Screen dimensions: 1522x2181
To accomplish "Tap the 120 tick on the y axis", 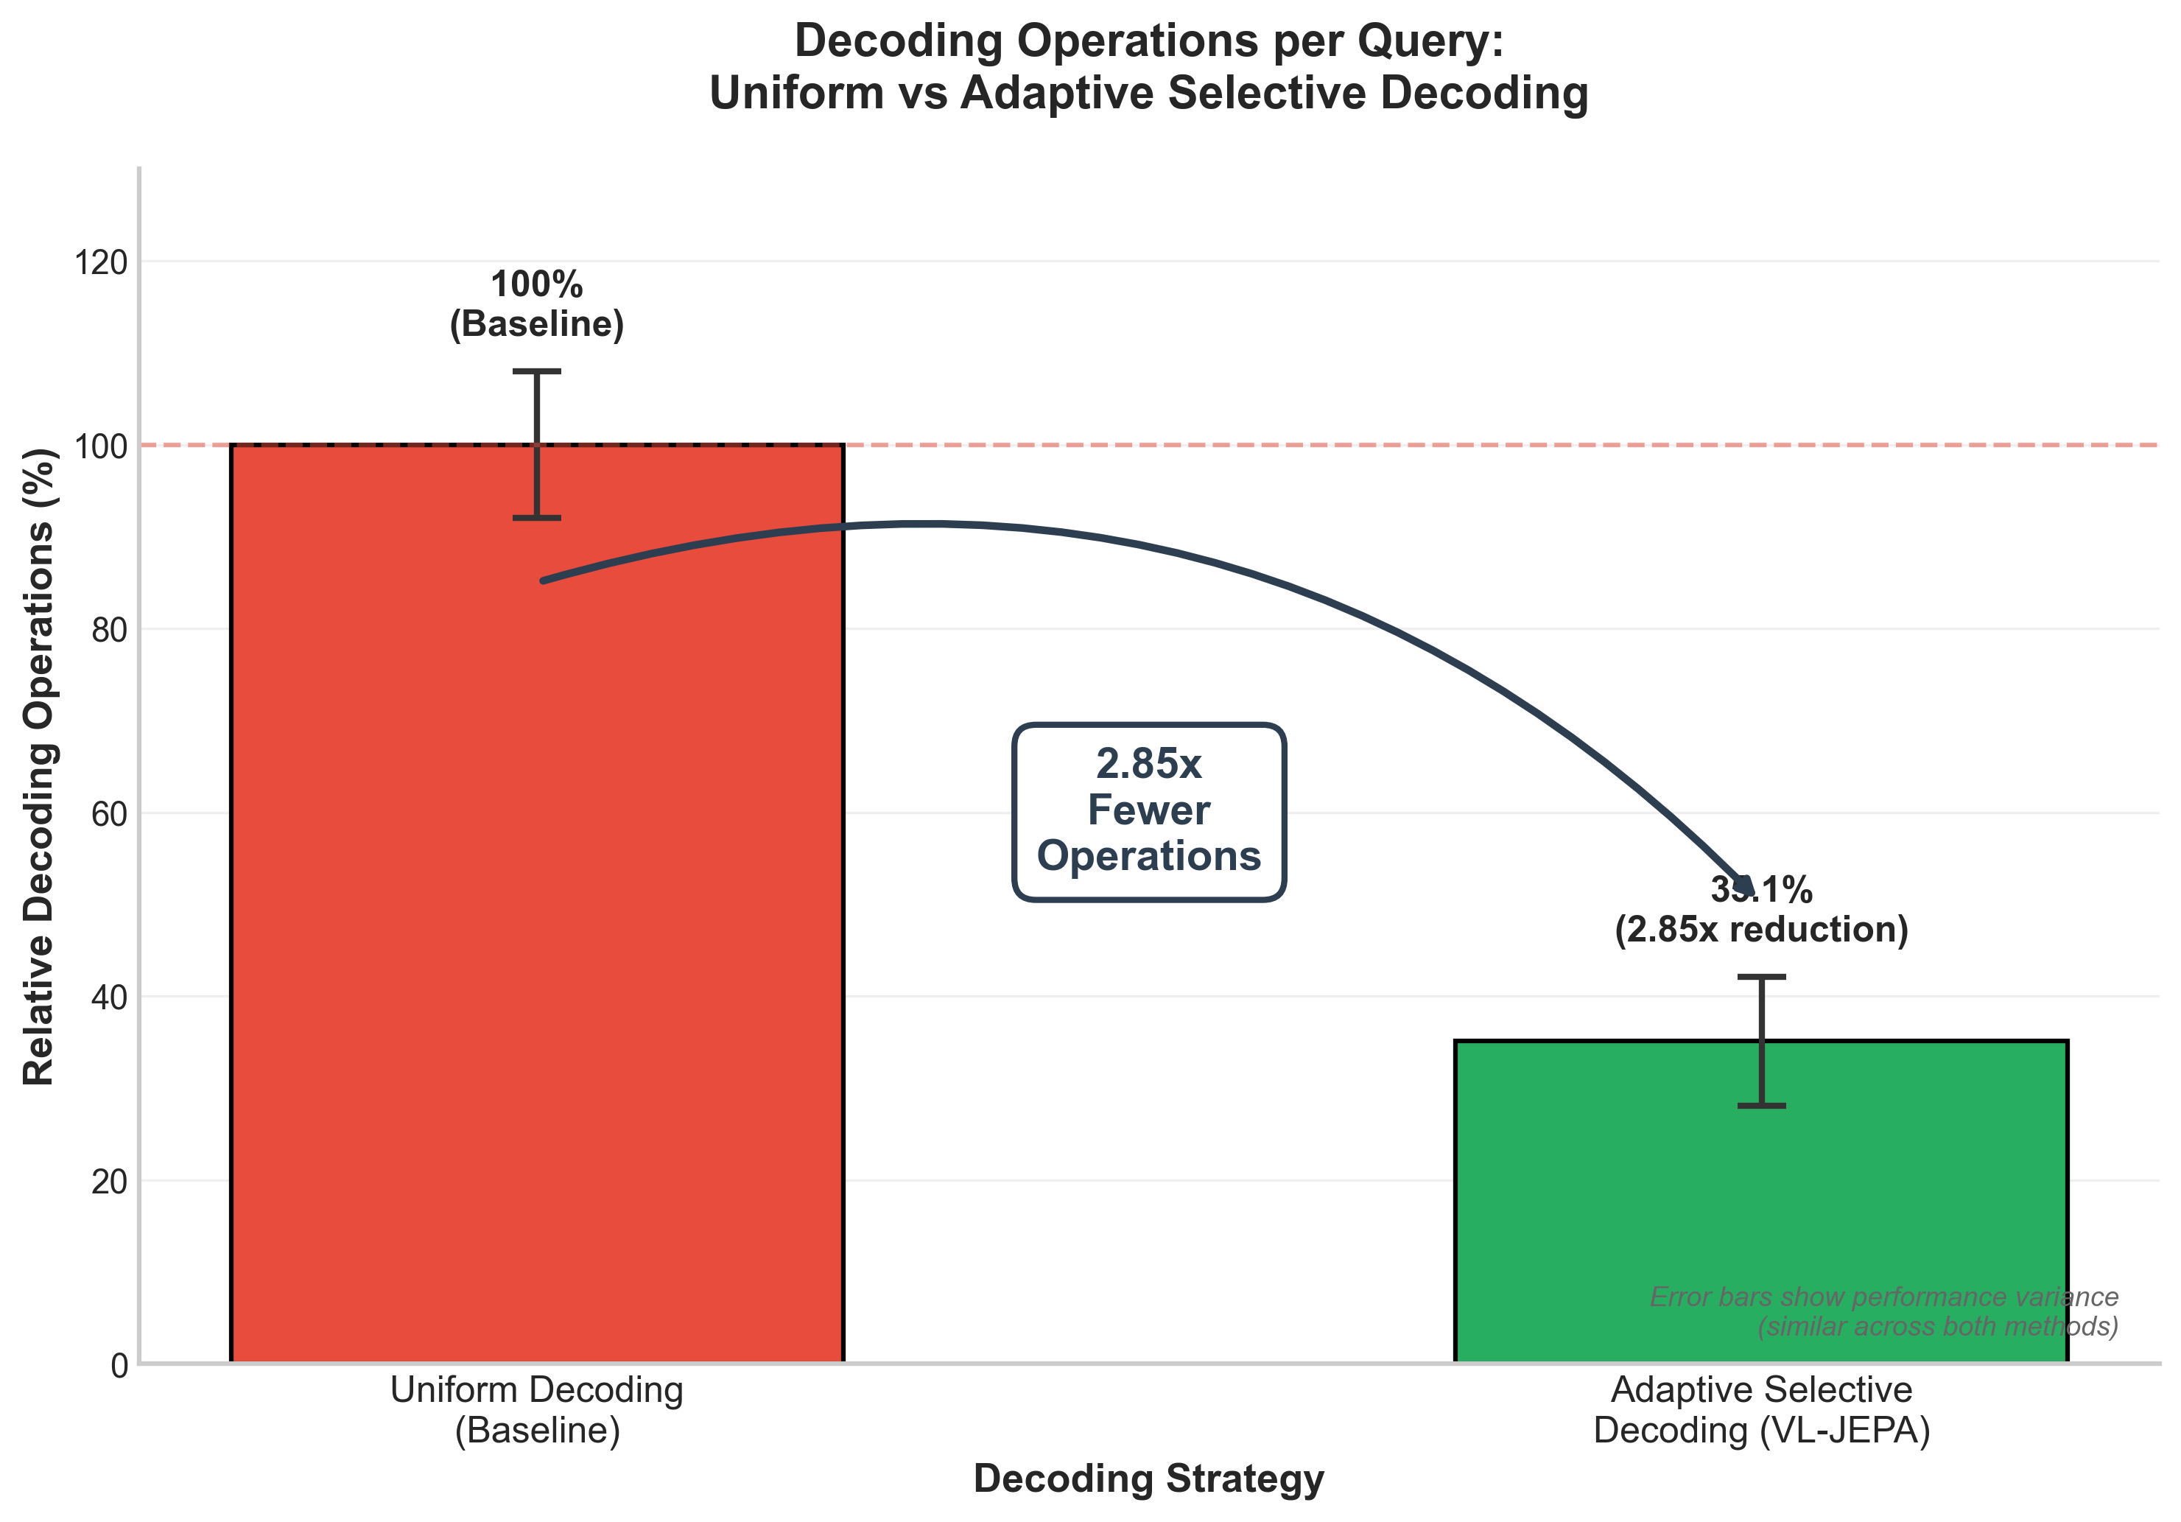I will pos(101,262).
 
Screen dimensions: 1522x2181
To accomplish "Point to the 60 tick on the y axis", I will pos(108,814).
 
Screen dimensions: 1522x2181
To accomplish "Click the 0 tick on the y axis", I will pos(119,1366).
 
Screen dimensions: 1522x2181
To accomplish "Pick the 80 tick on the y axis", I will pos(108,630).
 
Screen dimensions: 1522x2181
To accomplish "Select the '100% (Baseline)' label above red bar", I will pos(537,304).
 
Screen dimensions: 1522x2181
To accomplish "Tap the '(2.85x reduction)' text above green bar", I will pos(1761,929).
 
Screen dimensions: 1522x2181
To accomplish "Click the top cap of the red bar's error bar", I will pos(537,371).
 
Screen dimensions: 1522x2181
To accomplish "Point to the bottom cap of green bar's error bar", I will pos(1761,1106).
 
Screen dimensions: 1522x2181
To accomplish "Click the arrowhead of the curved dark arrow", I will pos(1743,886).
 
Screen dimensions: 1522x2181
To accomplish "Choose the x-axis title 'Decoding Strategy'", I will pos(1148,1479).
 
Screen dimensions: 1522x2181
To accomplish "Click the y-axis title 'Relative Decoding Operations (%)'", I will pos(40,767).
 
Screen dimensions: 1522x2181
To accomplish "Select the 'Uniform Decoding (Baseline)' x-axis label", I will pos(537,1409).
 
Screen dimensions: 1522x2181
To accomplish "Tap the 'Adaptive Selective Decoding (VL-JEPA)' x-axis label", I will pos(1761,1409).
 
